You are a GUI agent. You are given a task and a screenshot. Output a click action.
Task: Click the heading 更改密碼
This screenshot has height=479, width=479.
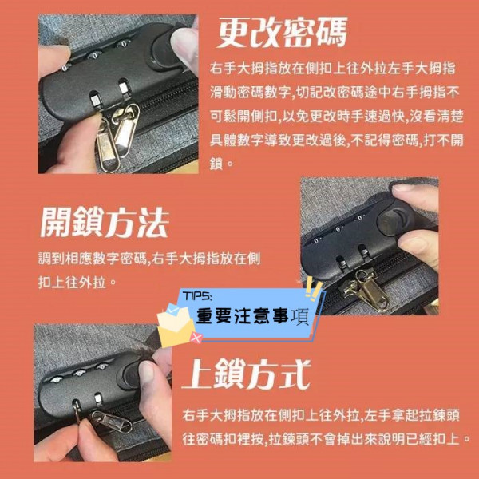(x=282, y=33)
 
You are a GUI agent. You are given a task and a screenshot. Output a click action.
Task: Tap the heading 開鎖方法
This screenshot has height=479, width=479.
(x=105, y=223)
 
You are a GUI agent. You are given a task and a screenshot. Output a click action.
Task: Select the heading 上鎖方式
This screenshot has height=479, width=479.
(x=246, y=374)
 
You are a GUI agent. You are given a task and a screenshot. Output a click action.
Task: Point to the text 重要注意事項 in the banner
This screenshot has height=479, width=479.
(x=252, y=316)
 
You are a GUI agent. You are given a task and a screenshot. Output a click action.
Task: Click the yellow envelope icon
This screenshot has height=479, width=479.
(x=176, y=326)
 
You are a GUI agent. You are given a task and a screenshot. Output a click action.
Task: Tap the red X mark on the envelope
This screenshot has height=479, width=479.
(x=196, y=338)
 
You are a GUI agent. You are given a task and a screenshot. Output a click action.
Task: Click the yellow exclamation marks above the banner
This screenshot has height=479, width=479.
(x=314, y=289)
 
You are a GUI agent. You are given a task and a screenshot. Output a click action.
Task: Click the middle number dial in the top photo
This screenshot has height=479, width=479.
(x=95, y=55)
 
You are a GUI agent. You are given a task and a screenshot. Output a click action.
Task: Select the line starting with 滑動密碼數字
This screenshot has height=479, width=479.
(x=335, y=93)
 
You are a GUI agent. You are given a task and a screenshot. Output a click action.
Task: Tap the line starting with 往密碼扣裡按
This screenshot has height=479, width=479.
(x=327, y=438)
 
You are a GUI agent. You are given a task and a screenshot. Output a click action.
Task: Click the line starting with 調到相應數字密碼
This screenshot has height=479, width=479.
(x=150, y=259)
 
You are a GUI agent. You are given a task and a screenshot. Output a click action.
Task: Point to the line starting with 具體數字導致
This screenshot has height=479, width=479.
(x=337, y=140)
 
